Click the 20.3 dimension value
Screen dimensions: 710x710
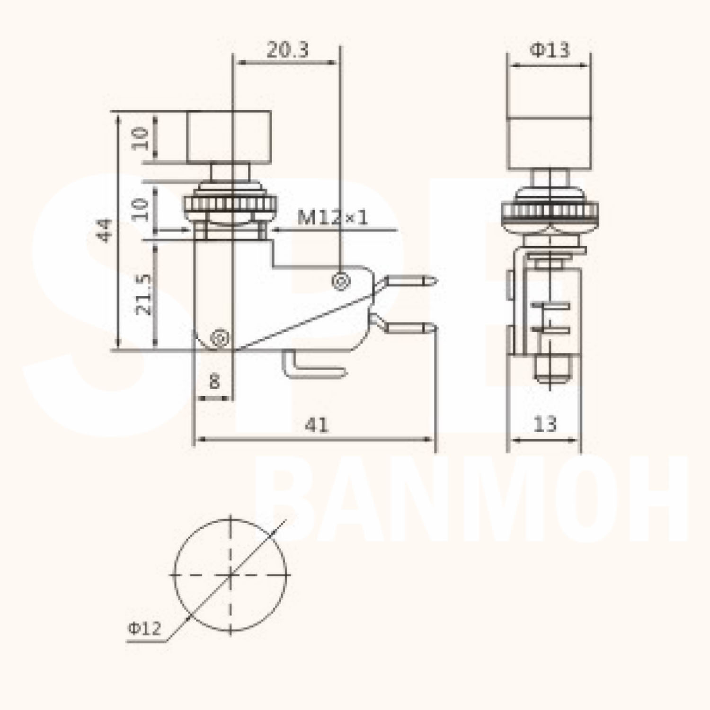[x=287, y=49]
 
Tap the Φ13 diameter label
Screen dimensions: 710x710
[x=549, y=49]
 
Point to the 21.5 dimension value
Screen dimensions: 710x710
[x=143, y=294]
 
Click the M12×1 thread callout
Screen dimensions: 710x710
[x=332, y=218]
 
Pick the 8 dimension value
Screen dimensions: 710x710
[x=214, y=381]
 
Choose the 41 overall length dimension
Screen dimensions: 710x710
[x=316, y=425]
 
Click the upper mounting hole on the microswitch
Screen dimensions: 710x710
[x=340, y=281]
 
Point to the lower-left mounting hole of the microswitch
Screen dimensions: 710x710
[x=219, y=338]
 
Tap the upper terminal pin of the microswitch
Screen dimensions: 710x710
[x=410, y=281]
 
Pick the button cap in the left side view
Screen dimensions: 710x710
[x=229, y=137]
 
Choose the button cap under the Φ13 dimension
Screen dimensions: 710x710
[x=549, y=142]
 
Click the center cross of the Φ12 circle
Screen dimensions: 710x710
[x=230, y=575]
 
